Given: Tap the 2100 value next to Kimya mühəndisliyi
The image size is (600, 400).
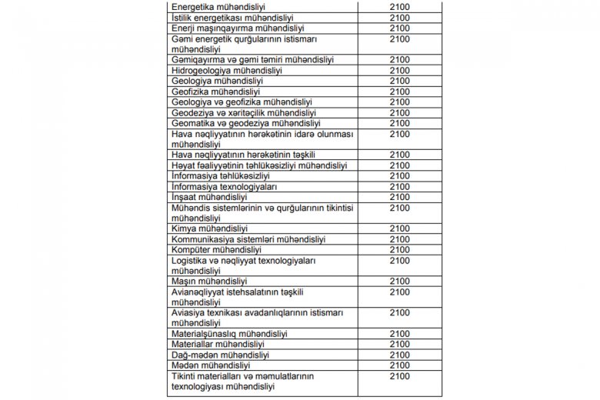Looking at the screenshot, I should click(x=400, y=228).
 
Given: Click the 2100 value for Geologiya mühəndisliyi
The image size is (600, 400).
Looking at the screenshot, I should click(x=400, y=81).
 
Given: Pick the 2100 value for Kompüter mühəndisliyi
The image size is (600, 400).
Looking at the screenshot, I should click(x=400, y=250).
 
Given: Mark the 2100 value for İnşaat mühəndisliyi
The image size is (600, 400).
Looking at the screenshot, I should click(x=400, y=198).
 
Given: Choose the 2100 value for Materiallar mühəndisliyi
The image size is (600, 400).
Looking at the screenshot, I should click(x=400, y=345).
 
